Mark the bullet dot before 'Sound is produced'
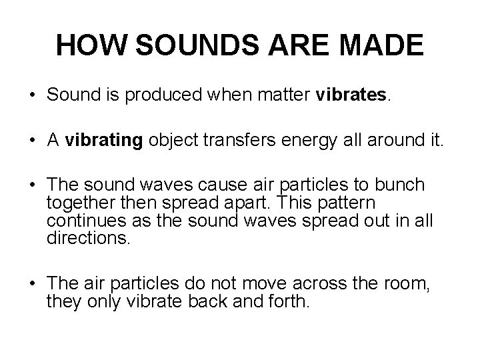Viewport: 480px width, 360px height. [x=33, y=96]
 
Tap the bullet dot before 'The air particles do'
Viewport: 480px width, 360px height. [x=33, y=284]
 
